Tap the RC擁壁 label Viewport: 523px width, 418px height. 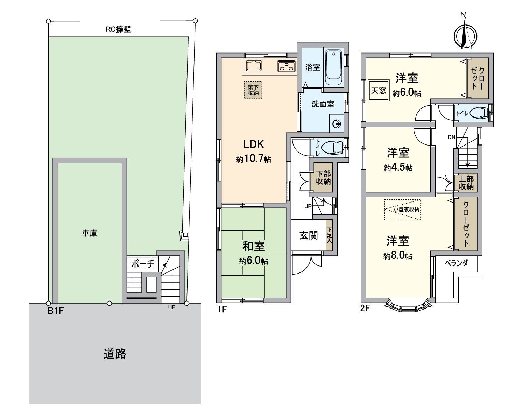click(x=118, y=29)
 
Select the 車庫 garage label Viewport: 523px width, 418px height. click(x=90, y=233)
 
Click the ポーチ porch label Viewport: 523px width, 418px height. click(x=142, y=264)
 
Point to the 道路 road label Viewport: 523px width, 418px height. click(x=115, y=354)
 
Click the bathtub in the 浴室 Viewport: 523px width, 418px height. click(x=333, y=68)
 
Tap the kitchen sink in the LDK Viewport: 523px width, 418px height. click(x=254, y=66)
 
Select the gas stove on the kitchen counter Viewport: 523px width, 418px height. click(x=287, y=66)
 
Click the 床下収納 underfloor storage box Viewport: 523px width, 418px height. click(x=253, y=90)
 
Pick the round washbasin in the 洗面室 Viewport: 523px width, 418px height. click(x=337, y=124)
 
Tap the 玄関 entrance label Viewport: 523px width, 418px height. click(x=309, y=235)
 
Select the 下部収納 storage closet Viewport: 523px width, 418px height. click(x=323, y=178)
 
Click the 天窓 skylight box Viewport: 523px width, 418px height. click(x=379, y=91)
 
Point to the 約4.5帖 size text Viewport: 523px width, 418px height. click(x=398, y=168)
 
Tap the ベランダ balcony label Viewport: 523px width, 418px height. click(x=456, y=263)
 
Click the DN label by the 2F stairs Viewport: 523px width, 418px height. click(x=451, y=137)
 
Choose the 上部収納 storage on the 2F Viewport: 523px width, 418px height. click(x=466, y=183)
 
